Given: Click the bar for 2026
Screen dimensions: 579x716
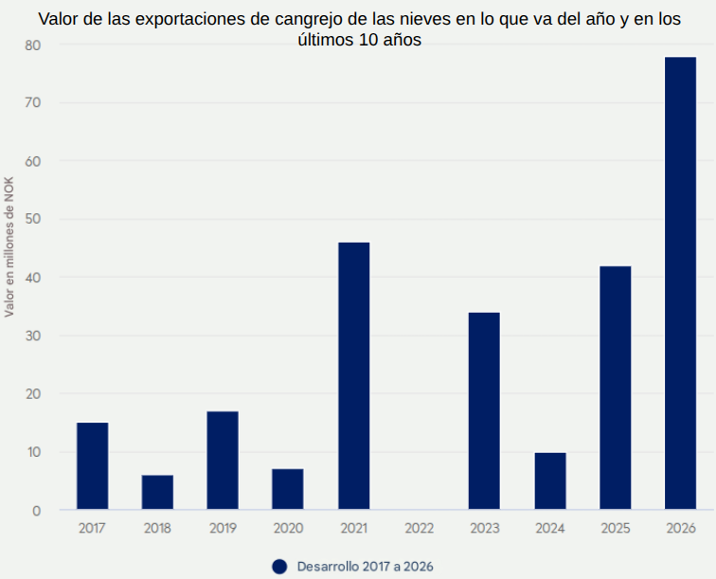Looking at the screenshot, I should pos(680,283).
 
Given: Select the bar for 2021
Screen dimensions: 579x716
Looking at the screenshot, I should pos(353,376).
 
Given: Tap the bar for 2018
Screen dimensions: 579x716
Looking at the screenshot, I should pos(157,493).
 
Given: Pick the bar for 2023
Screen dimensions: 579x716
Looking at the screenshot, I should pos(484,411).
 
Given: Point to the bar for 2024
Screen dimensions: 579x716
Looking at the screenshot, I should pos(549,481).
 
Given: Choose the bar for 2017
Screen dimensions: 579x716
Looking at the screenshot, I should pos(92,466).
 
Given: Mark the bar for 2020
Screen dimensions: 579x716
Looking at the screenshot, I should pos(288,489).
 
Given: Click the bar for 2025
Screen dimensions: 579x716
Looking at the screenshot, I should pos(615,388).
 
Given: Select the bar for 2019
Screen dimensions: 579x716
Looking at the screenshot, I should pos(223,461).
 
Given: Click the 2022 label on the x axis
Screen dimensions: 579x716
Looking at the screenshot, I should pos(419,528).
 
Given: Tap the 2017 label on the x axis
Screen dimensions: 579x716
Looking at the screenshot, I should pos(92,528).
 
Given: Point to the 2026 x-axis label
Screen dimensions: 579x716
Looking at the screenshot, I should pos(680,528).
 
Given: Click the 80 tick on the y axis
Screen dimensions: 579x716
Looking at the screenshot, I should pos(34,45).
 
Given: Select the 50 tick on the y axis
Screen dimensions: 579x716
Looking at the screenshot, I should pos(34,219).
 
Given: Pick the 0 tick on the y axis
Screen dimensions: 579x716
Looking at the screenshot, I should pos(37,511).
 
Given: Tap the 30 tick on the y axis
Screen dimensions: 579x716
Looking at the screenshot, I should pos(34,335).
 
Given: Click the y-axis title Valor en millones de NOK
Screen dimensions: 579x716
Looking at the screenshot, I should pos(9,246).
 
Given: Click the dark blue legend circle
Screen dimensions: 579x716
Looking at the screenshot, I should pos(279,566).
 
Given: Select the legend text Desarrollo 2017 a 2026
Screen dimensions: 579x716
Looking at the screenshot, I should pos(365,566).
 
